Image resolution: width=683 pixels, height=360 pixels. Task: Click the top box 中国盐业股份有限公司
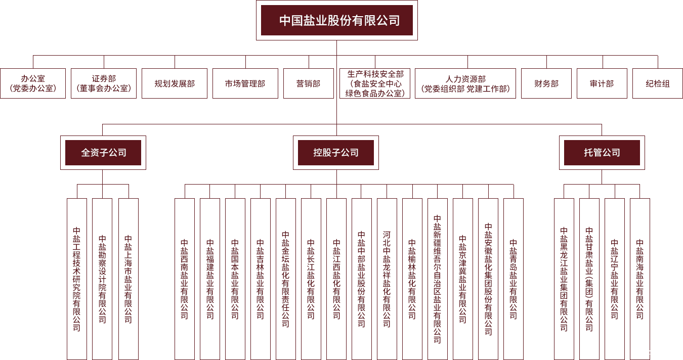click(336, 20)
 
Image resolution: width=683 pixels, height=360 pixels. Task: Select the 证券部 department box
click(104, 83)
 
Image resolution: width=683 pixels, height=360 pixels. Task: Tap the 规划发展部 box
click(175, 83)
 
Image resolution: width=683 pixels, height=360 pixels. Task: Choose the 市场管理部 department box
click(245, 83)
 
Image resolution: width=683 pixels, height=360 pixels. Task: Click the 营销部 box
click(309, 83)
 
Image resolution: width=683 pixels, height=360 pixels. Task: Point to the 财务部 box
click(546, 83)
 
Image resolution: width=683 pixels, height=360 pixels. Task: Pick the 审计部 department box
click(602, 83)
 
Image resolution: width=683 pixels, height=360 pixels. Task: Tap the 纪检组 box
click(658, 83)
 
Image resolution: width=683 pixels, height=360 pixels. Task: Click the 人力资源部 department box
click(465, 83)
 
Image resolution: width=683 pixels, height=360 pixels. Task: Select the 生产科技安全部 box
click(375, 83)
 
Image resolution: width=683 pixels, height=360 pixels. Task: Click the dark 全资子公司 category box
click(103, 152)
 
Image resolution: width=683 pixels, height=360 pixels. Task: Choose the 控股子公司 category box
click(336, 152)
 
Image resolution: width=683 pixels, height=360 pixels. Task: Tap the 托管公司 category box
click(602, 152)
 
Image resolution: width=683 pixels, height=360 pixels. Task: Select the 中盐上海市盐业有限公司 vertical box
click(129, 279)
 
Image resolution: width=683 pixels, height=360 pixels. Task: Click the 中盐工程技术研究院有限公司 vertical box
click(77, 279)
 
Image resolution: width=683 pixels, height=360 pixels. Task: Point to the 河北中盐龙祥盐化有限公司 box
click(387, 279)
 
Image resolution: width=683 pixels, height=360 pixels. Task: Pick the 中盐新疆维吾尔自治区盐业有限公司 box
click(438, 279)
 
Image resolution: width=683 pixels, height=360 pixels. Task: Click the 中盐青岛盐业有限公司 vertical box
click(514, 279)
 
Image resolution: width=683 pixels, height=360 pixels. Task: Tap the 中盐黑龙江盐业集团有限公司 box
click(564, 279)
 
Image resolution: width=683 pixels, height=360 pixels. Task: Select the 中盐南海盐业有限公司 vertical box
click(640, 279)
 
